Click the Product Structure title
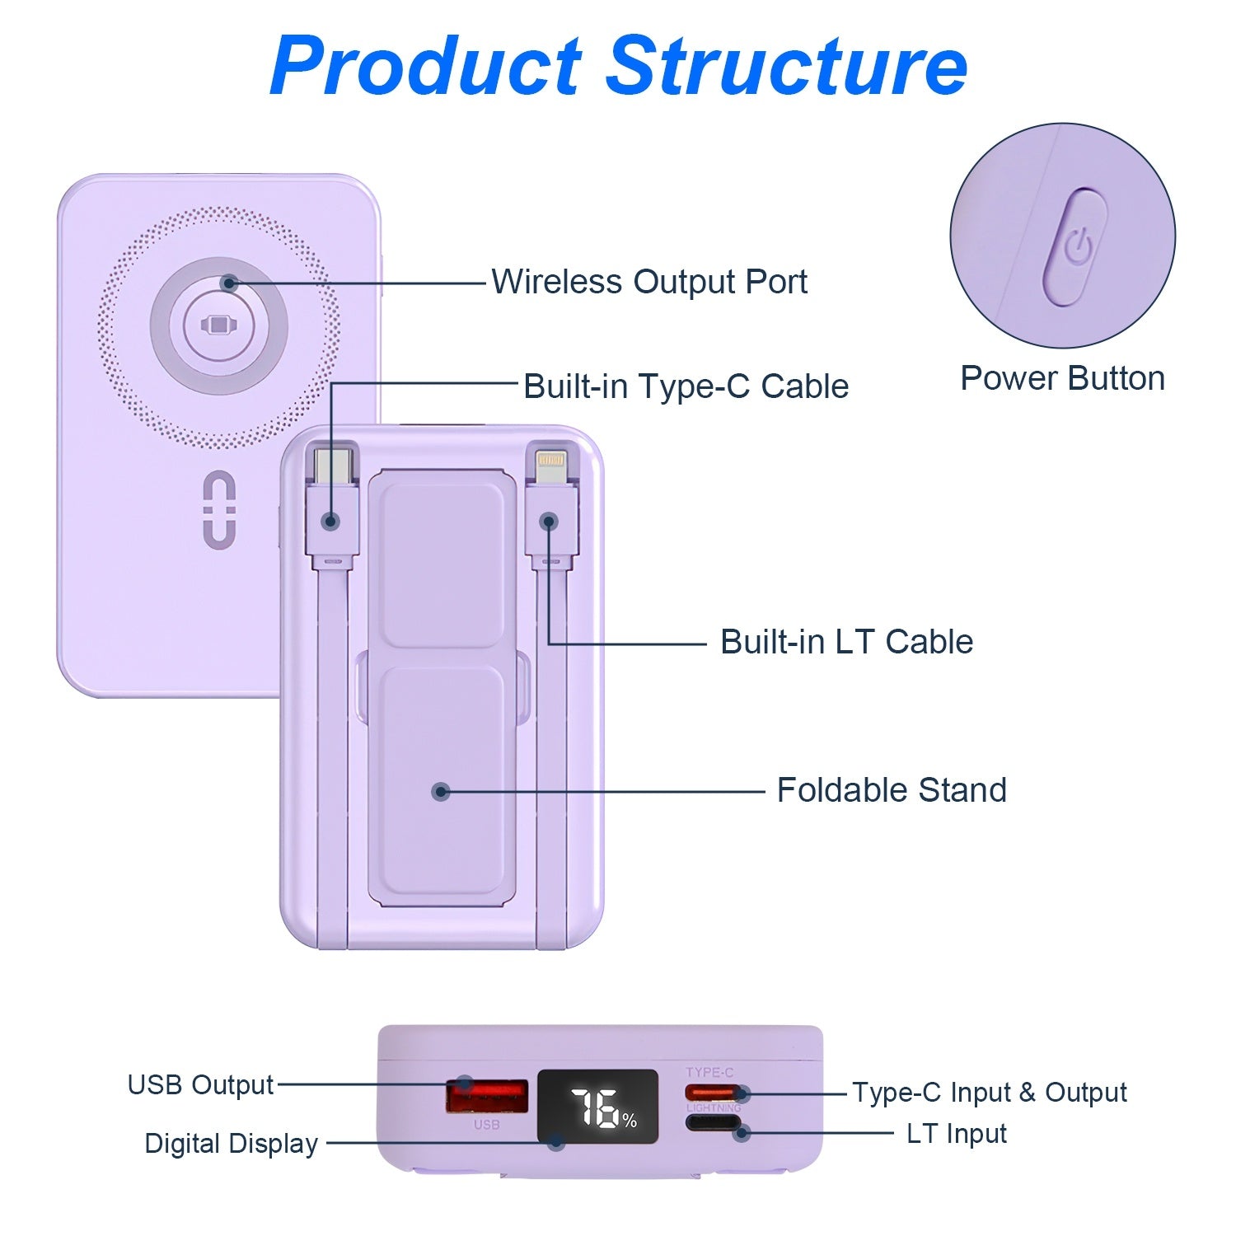[x=618, y=66]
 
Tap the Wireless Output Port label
[x=649, y=282]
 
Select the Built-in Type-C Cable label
[x=686, y=386]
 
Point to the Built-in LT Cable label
[x=846, y=642]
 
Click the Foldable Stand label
[x=892, y=790]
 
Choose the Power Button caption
[x=1062, y=378]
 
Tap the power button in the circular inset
[x=1075, y=247]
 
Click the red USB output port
[x=486, y=1096]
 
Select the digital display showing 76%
[x=598, y=1107]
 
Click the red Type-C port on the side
[x=712, y=1093]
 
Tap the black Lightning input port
[x=714, y=1122]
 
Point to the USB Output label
[x=200, y=1085]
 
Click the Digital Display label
[x=231, y=1144]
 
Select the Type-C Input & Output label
[x=989, y=1093]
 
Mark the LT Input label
[x=956, y=1134]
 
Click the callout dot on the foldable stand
[x=441, y=792]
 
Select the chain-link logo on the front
[x=219, y=509]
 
